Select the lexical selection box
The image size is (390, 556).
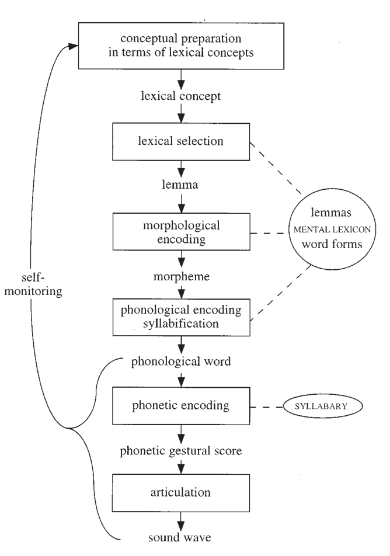[183, 141]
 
